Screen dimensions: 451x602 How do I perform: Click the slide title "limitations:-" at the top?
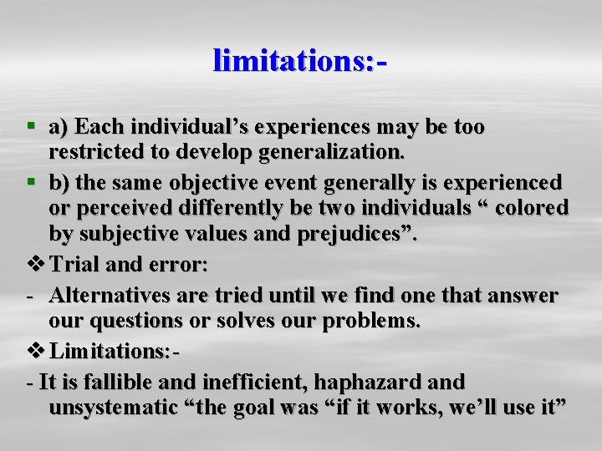coord(301,61)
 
